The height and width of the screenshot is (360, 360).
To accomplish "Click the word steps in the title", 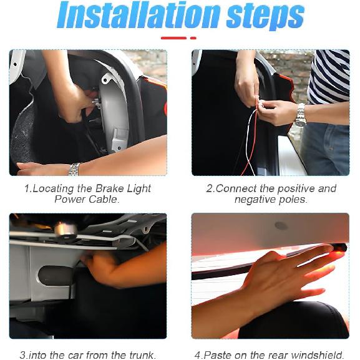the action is pos(265,17).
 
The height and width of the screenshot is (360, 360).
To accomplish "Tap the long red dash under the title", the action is pos(174,38).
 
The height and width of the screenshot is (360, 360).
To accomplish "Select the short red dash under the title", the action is pos(193,38).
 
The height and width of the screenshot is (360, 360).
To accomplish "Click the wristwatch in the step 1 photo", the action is pos(74,169).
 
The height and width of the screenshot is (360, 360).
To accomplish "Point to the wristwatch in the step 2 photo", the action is pos(300,114).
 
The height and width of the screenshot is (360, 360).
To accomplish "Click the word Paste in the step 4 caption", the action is pos(218,355).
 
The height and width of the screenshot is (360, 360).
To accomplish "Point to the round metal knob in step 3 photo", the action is pos(66,230).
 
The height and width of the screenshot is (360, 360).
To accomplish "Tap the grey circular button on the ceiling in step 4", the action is pos(281,226).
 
